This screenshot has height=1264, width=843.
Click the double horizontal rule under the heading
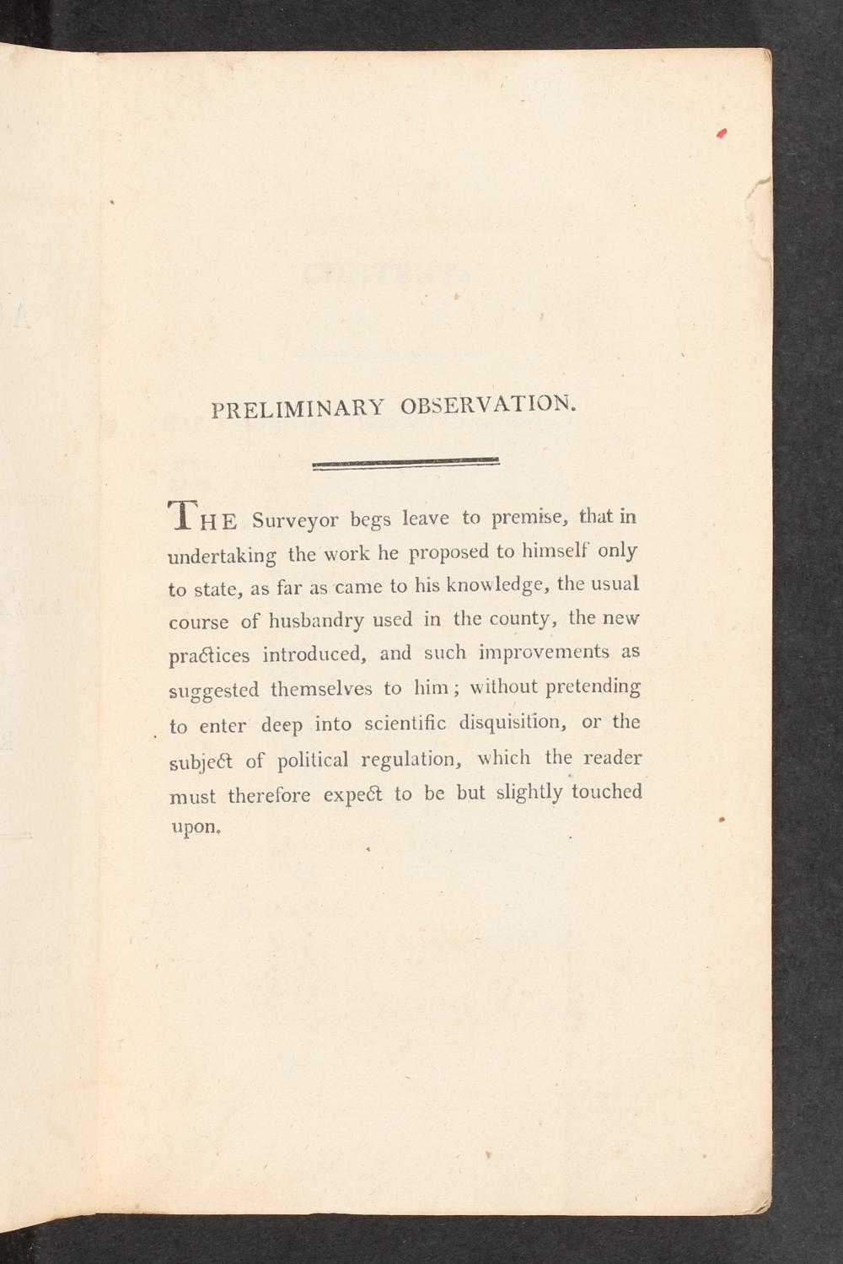coord(405,464)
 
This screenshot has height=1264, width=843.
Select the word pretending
coord(593,686)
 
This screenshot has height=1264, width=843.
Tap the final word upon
coord(196,827)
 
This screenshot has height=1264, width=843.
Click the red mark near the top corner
coord(721,133)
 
